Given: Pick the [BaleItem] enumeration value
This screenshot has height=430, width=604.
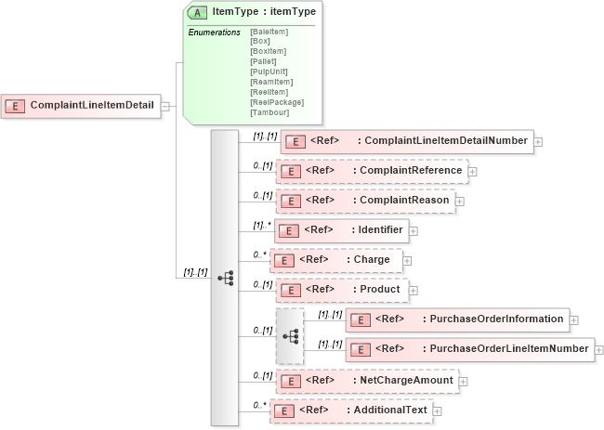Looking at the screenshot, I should pos(269,33).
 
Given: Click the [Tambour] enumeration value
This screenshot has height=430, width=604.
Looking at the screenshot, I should pos(269,112).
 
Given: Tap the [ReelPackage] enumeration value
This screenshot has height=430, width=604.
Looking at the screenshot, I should pos(277,102).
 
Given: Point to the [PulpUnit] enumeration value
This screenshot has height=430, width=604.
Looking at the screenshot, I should pos(269,72).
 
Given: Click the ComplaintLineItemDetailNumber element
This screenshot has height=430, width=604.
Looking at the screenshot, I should pos(408,141).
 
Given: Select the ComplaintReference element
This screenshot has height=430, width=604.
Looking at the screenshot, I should pos(372,171).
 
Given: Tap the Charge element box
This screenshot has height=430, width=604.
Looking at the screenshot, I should pos(336,260).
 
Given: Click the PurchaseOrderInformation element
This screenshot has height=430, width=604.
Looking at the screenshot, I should pos(457,319).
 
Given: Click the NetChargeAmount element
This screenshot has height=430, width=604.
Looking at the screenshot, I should pos(367,380).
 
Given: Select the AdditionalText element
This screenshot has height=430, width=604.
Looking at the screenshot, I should pos(351,410).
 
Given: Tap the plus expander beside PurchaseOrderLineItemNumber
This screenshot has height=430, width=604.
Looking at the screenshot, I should pos(599,350).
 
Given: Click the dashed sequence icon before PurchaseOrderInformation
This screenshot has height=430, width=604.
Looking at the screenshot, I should pos(290,336).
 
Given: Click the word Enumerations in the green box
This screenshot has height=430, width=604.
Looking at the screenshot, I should pos(215,33).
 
